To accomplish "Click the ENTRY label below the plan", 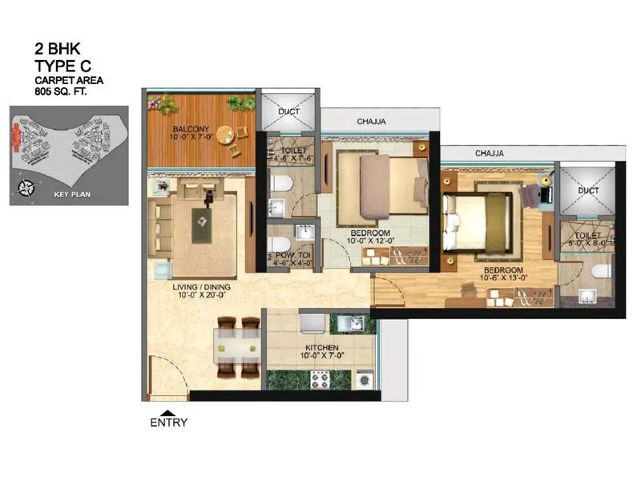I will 168,422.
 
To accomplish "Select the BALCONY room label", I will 190,128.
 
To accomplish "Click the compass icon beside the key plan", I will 26,188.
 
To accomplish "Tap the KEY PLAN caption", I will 71,194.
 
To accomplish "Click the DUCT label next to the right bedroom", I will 587,191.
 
